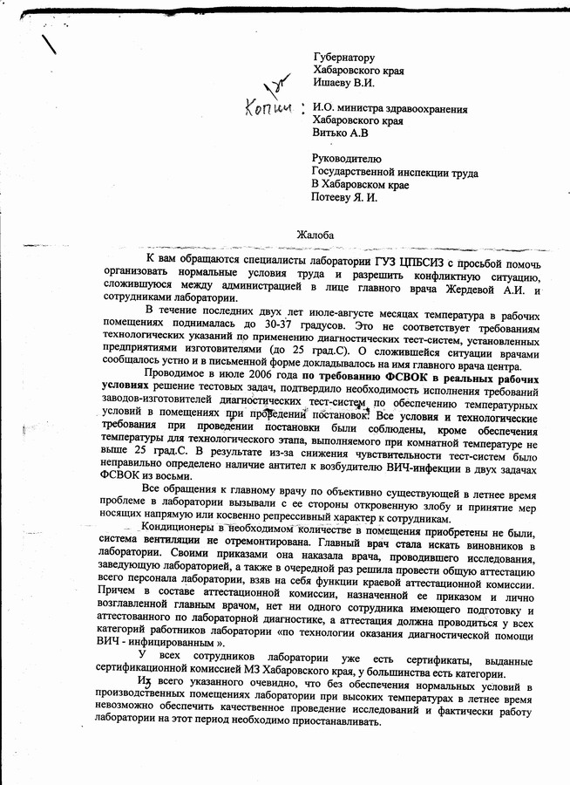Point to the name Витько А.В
click(x=340, y=133)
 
